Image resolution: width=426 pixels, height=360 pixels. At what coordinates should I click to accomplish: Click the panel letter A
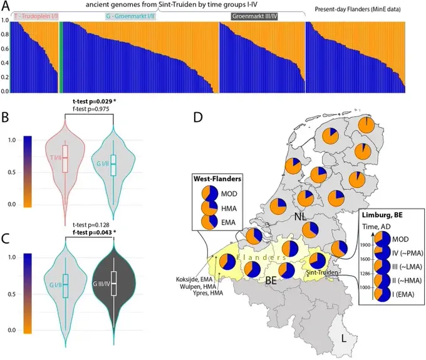click(6, 11)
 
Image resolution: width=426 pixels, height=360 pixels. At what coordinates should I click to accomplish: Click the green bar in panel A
click(60, 57)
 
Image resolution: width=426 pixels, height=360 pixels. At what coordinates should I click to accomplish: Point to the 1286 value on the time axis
click(365, 274)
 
